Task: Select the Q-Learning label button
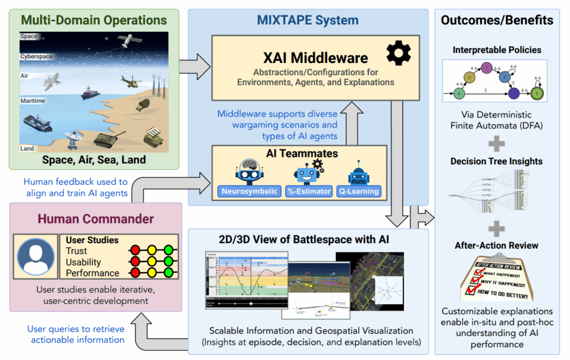tap(359, 191)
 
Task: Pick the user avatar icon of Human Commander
tap(36, 258)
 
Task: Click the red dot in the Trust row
tap(134, 251)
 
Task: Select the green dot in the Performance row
tap(169, 273)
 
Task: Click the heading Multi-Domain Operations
tap(94, 21)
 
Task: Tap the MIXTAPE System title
tap(307, 21)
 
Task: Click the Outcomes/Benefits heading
tap(497, 21)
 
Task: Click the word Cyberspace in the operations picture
tap(37, 57)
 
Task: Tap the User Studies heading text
tap(92, 240)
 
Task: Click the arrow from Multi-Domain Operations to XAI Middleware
tap(199, 67)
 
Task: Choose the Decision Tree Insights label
tap(497, 161)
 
